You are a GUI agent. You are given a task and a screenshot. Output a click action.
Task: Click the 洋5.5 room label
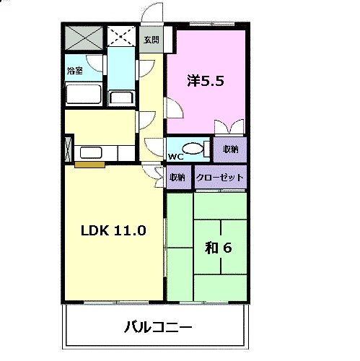pos(206,81)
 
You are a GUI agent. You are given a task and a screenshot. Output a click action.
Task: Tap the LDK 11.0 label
pos(113,231)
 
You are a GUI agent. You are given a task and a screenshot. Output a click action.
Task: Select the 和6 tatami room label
pos(218,248)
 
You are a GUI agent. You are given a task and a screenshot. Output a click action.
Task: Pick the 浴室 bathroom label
pos(75,71)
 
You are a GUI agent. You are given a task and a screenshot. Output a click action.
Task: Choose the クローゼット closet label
pos(220,177)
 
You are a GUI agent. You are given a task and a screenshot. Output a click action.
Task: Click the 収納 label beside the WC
pos(230,149)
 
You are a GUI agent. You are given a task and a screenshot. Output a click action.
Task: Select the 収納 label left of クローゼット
pos(177,177)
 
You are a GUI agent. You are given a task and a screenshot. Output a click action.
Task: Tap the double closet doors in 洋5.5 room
pos(229,127)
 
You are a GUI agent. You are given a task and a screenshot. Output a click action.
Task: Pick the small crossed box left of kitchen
pos(69,148)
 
